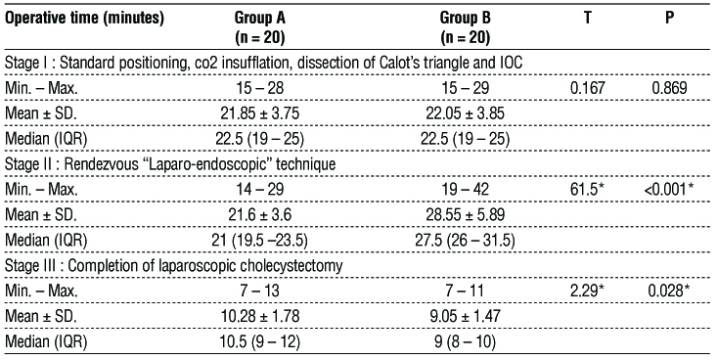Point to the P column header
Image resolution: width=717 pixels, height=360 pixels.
tap(669, 18)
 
